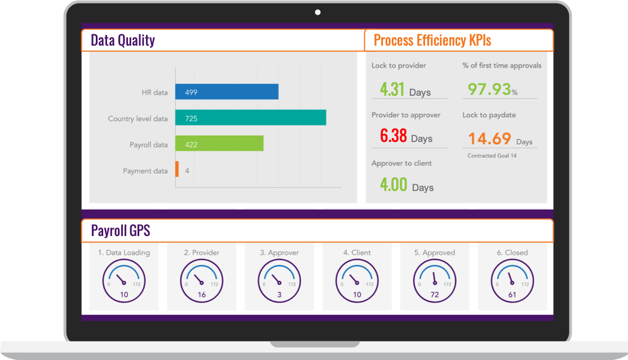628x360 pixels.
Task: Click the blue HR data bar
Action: pyautogui.click(x=227, y=92)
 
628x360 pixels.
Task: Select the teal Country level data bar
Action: pyautogui.click(x=250, y=118)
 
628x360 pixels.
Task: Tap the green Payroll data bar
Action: pyautogui.click(x=219, y=144)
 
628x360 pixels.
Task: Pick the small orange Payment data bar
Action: pyautogui.click(x=177, y=170)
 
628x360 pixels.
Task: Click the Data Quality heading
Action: pyautogui.click(x=122, y=41)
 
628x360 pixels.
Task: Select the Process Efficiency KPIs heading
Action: pyautogui.click(x=432, y=41)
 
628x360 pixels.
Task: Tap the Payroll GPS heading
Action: pyautogui.click(x=120, y=231)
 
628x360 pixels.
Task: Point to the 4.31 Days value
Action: pyautogui.click(x=405, y=90)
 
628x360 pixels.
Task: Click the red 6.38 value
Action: pyautogui.click(x=393, y=136)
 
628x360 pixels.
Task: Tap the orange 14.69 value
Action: pyautogui.click(x=490, y=139)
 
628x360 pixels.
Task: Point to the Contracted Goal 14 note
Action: pyautogui.click(x=492, y=155)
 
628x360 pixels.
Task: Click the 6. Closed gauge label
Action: pyautogui.click(x=512, y=253)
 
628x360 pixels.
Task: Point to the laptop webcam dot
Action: pyautogui.click(x=318, y=12)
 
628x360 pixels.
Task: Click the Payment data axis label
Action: pyautogui.click(x=145, y=171)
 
